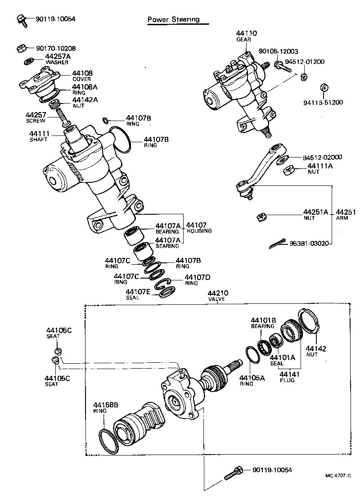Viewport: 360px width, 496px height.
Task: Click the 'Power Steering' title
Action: coord(173,20)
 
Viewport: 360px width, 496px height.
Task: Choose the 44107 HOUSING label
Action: coord(198,228)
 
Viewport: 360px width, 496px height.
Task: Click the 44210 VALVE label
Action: coord(216,296)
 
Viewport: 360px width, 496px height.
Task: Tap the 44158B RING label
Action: coord(105,407)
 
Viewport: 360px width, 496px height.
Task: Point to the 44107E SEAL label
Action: coord(138,294)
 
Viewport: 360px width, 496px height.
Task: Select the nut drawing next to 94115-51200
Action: coord(322,87)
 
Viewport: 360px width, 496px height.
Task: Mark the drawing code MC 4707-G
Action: coord(338,475)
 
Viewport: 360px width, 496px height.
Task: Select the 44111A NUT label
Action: coord(320,168)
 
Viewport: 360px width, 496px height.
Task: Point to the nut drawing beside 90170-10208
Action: coord(20,48)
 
